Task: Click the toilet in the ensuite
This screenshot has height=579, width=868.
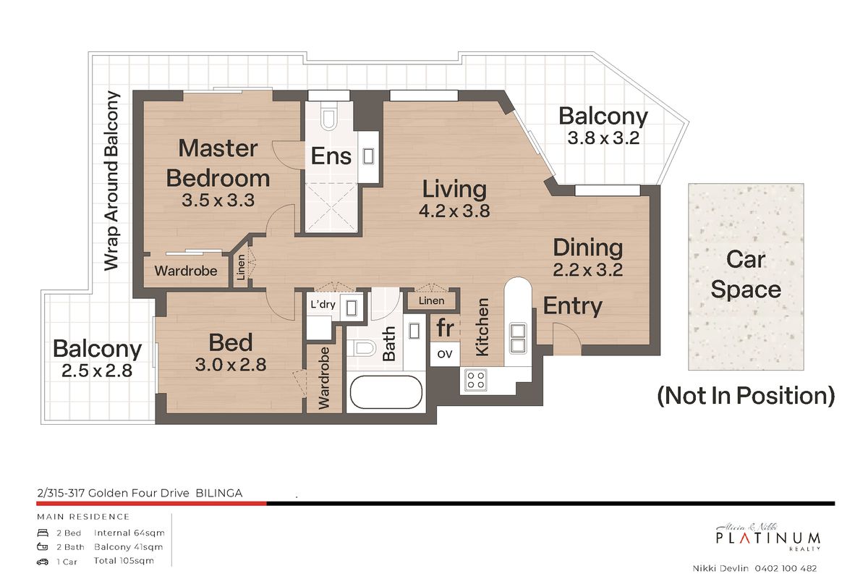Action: coord(328,116)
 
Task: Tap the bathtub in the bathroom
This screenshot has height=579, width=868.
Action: coord(386,392)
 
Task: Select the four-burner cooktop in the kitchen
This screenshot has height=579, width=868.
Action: coord(476,380)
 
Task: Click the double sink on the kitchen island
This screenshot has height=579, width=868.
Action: coord(518,338)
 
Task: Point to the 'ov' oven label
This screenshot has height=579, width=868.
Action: coord(444,354)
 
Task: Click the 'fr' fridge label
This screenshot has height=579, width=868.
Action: coord(445,328)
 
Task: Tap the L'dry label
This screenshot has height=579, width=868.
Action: coord(323,305)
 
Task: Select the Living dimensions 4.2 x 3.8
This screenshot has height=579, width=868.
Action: coord(454,211)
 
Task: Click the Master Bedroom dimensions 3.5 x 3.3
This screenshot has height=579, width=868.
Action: coord(218,200)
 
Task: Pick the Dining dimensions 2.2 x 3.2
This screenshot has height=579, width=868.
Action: coord(587,270)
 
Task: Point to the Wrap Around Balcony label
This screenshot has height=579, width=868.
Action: coord(111,181)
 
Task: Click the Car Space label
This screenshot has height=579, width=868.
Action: coord(746,274)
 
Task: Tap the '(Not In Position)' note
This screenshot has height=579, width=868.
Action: coord(746,396)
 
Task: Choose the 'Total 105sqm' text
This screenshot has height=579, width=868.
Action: coord(124,561)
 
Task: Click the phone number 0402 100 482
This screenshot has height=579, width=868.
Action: coord(786,569)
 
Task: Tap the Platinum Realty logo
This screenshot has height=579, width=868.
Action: coord(767,538)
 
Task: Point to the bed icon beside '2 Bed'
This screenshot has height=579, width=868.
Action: coord(43,533)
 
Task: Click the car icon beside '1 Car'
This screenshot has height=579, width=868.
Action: coord(43,562)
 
